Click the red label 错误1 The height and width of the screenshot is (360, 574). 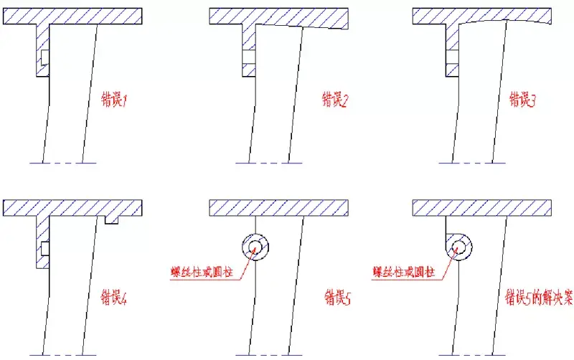point(114,100)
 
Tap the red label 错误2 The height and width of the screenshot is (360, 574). point(335,100)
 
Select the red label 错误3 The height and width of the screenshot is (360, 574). point(522,100)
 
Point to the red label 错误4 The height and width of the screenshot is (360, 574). point(114,298)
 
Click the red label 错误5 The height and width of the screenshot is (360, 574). point(337,298)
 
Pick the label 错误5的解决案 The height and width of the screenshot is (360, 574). point(539,298)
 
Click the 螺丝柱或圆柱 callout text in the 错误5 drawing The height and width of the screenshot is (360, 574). point(202,273)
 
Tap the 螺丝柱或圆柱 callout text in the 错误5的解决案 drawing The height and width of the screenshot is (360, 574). point(404,273)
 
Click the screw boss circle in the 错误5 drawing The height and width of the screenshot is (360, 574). point(255,247)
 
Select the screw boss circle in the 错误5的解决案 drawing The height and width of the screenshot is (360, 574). point(458,247)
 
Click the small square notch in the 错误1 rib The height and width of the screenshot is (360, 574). point(44,57)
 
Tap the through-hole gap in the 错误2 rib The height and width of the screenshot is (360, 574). point(249,57)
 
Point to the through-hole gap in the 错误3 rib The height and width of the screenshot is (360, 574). point(453,57)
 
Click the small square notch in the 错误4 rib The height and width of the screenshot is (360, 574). point(44,248)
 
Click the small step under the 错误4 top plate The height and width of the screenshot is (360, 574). point(111,219)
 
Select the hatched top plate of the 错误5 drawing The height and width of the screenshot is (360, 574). point(278,208)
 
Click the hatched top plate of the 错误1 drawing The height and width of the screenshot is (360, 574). point(72,16)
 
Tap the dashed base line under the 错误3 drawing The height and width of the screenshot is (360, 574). point(472,163)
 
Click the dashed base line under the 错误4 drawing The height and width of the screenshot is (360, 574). point(62,355)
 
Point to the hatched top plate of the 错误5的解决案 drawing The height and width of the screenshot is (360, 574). point(481,208)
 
